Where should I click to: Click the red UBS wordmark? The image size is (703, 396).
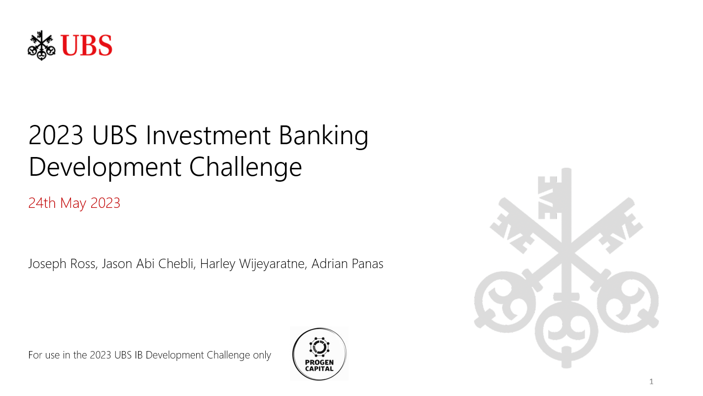(87, 45)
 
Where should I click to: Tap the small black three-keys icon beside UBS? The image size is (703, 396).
(41, 45)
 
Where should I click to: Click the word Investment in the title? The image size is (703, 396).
(209, 136)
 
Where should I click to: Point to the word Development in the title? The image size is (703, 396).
(105, 167)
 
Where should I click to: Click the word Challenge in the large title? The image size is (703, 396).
(246, 167)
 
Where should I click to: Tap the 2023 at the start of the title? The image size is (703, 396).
(56, 136)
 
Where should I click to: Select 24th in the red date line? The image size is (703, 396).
(42, 203)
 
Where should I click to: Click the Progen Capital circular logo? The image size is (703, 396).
(319, 354)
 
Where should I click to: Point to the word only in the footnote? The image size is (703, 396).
(262, 355)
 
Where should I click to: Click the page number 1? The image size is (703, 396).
(651, 381)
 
